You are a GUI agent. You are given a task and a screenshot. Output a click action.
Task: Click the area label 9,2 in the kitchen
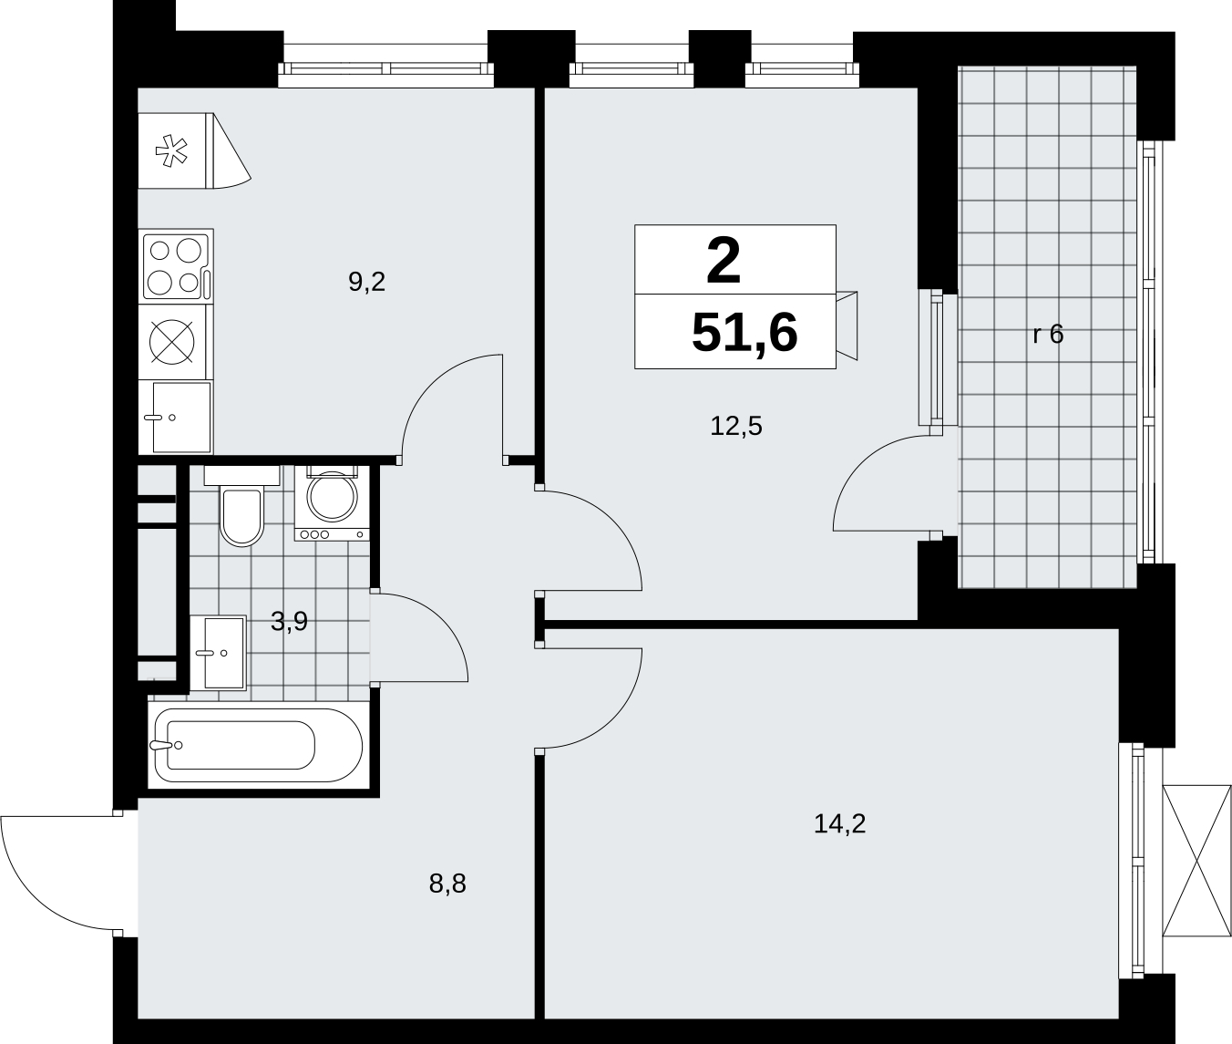point(366,282)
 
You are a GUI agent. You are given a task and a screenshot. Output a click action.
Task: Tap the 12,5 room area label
point(736,427)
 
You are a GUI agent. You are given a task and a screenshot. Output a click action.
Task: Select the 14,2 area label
point(839,824)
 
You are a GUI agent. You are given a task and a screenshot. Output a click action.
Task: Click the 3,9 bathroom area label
point(289,622)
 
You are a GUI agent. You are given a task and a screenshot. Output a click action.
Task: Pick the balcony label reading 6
point(1055,334)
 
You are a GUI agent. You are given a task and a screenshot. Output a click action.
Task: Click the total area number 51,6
point(744,333)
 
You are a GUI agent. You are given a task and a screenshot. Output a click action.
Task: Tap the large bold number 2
point(724,261)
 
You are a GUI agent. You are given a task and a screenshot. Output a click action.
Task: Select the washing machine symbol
point(332,504)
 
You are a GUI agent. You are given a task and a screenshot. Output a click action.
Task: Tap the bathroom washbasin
point(218,653)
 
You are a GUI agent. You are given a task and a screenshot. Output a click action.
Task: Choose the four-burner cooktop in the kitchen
point(177,266)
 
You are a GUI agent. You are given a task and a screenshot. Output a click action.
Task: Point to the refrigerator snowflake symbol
point(171,151)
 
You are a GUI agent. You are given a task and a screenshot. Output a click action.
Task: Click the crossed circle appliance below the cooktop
point(172,342)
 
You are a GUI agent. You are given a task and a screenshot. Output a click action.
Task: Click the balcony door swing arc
point(862,464)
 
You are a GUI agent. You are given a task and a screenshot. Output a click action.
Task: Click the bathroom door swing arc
point(440,620)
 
